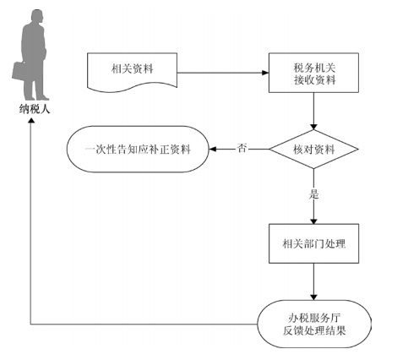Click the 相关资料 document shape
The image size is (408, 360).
pos(132,72)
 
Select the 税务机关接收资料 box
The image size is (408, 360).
pos(313,73)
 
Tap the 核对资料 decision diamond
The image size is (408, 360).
pos(313,150)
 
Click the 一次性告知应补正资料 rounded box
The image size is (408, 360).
pos(138,149)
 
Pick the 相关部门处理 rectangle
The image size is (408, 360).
pos(313,243)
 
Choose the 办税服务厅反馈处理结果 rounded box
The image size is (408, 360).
pos(314,324)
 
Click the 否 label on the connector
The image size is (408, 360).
pos(242,148)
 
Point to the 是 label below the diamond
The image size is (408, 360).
pos(313,194)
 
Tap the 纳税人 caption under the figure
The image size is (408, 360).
pos(35,109)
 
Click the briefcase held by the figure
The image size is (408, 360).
pos(19,72)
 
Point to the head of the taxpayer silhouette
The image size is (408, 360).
pos(37,18)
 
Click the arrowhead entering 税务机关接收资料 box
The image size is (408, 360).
pos(265,73)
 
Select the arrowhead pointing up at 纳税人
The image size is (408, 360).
pos(31,120)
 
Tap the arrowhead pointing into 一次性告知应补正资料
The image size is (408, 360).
pos(213,149)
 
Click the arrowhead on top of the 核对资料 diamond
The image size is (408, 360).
pos(313,127)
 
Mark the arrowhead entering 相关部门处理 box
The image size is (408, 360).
pos(313,221)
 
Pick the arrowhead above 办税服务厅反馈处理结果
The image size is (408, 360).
pos(313,297)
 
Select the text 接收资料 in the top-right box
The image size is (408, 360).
pos(315,80)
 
